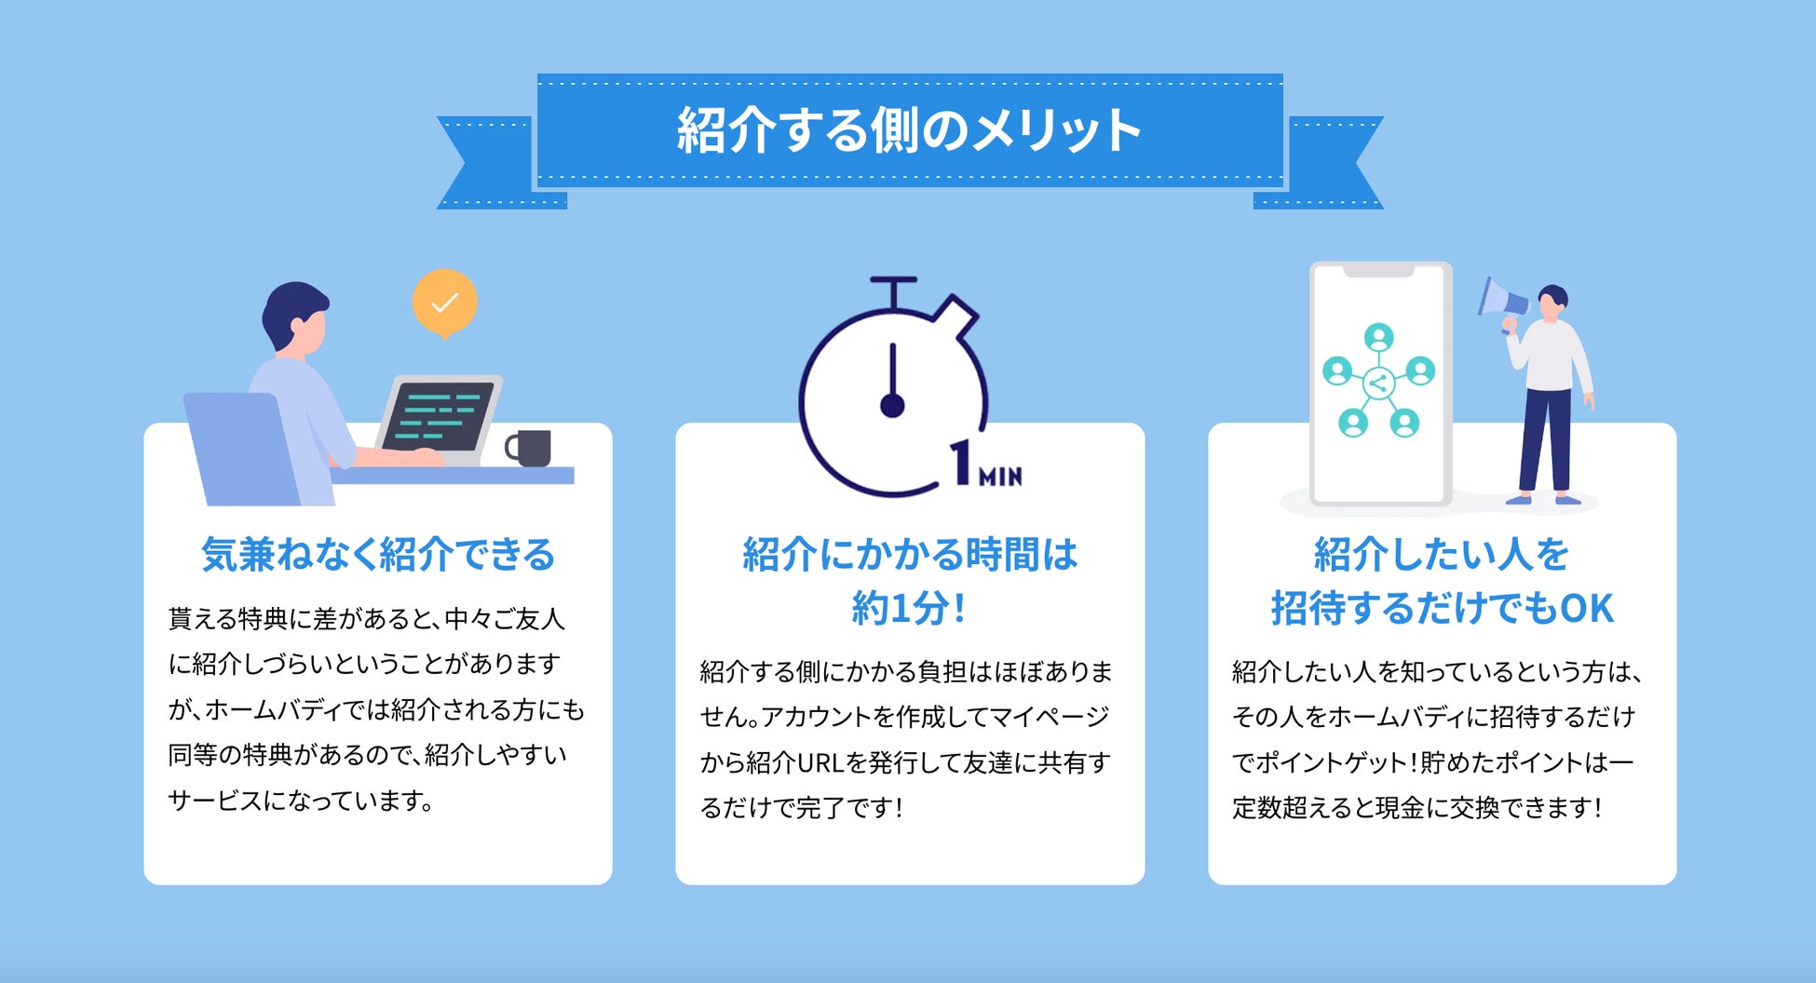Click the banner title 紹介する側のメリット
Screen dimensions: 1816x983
[x=909, y=130]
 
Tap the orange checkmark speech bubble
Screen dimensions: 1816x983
[x=445, y=302]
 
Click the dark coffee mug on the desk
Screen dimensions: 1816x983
[x=531, y=448]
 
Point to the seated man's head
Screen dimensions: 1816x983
[x=296, y=316]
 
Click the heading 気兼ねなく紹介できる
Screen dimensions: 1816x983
[x=378, y=555]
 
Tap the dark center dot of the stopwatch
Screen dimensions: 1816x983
[x=892, y=406]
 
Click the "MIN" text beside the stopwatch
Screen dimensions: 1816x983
[x=1000, y=477]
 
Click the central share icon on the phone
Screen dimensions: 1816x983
[x=1378, y=383]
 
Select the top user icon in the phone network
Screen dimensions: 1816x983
[x=1378, y=336]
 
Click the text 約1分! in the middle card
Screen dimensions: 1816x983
[x=909, y=609]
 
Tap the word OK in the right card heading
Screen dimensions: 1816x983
[x=1587, y=609]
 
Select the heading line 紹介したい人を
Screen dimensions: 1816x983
[x=1442, y=555]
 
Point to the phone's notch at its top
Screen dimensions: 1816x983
[x=1379, y=271]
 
